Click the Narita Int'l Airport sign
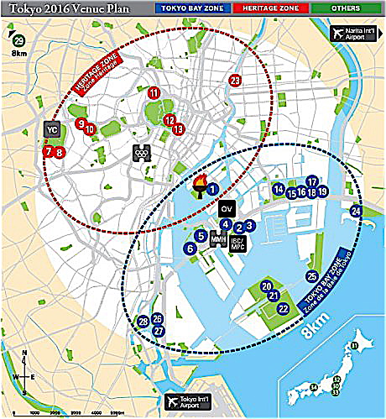click(x=353, y=34)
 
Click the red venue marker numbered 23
click(x=235, y=81)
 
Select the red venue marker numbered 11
click(x=153, y=92)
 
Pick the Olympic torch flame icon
click(x=200, y=186)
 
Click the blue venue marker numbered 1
click(x=213, y=190)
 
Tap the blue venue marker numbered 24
click(x=356, y=211)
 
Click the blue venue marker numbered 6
click(x=190, y=249)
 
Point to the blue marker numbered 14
click(x=278, y=190)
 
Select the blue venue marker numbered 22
click(x=283, y=308)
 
